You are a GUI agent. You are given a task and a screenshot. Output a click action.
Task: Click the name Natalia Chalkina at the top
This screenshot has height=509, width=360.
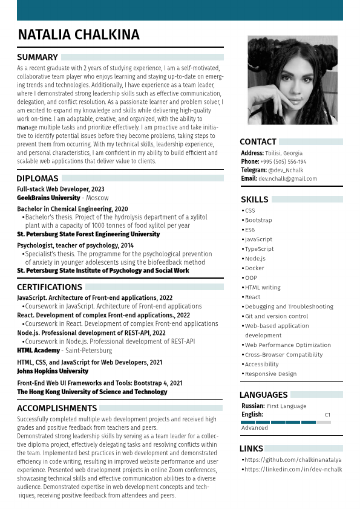click(x=79, y=35)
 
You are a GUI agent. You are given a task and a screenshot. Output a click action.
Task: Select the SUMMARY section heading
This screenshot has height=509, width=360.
click(x=38, y=57)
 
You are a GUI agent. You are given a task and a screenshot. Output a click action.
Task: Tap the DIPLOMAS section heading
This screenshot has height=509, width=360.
click(x=38, y=178)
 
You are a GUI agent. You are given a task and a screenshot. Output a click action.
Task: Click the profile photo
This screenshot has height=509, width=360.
click(x=292, y=80)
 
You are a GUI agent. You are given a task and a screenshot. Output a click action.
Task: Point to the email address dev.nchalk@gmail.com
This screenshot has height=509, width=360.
click(x=287, y=179)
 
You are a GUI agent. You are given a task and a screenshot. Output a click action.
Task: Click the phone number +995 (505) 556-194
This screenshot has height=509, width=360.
click(x=283, y=162)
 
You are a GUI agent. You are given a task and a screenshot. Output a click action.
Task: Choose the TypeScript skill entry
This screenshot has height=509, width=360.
click(x=259, y=249)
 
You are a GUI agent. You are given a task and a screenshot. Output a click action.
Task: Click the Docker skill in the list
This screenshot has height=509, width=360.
click(x=254, y=268)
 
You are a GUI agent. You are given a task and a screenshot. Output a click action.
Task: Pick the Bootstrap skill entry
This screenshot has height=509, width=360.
click(x=258, y=221)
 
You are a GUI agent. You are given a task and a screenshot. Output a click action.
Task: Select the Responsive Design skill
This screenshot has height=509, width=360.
click(x=270, y=374)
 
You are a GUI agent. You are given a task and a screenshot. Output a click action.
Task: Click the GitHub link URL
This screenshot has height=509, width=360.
click(x=293, y=460)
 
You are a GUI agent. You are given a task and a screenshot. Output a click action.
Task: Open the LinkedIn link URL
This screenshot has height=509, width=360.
click(x=293, y=470)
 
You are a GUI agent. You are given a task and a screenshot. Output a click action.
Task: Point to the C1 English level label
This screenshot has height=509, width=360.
click(x=327, y=415)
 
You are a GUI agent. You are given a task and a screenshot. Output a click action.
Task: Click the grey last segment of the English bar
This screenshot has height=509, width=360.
click(x=323, y=422)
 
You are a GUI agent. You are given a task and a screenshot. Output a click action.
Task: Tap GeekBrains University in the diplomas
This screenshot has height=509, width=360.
click(x=48, y=198)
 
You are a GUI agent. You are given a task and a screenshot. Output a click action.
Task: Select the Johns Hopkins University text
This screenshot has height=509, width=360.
click(x=53, y=371)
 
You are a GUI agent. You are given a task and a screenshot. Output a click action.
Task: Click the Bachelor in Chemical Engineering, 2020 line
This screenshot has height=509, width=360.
click(x=72, y=209)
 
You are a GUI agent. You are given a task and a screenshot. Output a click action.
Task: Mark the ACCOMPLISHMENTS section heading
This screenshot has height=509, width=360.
click(x=57, y=409)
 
